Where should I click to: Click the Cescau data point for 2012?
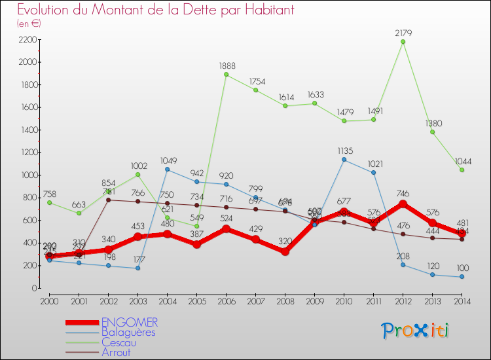point(403,42)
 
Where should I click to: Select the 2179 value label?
point(403,32)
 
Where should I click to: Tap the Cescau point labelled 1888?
point(226,75)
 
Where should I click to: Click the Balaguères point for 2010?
point(344,160)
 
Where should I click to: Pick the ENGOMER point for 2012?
point(403,204)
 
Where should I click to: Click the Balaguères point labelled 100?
point(462,277)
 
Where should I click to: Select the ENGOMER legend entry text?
point(130,322)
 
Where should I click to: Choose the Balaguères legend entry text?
point(128,332)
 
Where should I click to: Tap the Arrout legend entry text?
point(116,352)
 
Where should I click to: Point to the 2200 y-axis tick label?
point(27,40)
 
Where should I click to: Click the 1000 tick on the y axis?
point(27,175)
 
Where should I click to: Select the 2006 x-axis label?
point(226,301)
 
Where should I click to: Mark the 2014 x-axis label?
point(462,301)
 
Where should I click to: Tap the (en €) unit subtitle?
point(29,24)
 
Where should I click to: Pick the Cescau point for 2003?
point(137,175)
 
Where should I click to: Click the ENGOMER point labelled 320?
point(285,251)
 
